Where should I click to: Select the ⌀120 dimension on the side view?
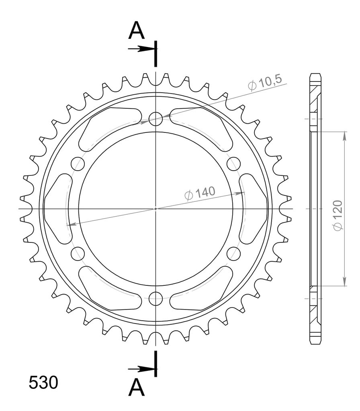coord(338,216)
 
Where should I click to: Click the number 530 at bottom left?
coord(43,383)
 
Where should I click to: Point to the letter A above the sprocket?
coord(137,30)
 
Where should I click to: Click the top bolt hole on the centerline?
coord(155,119)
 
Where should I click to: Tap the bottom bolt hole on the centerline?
coord(155,299)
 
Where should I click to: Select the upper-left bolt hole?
coord(78,164)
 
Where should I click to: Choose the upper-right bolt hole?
coord(233,164)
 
